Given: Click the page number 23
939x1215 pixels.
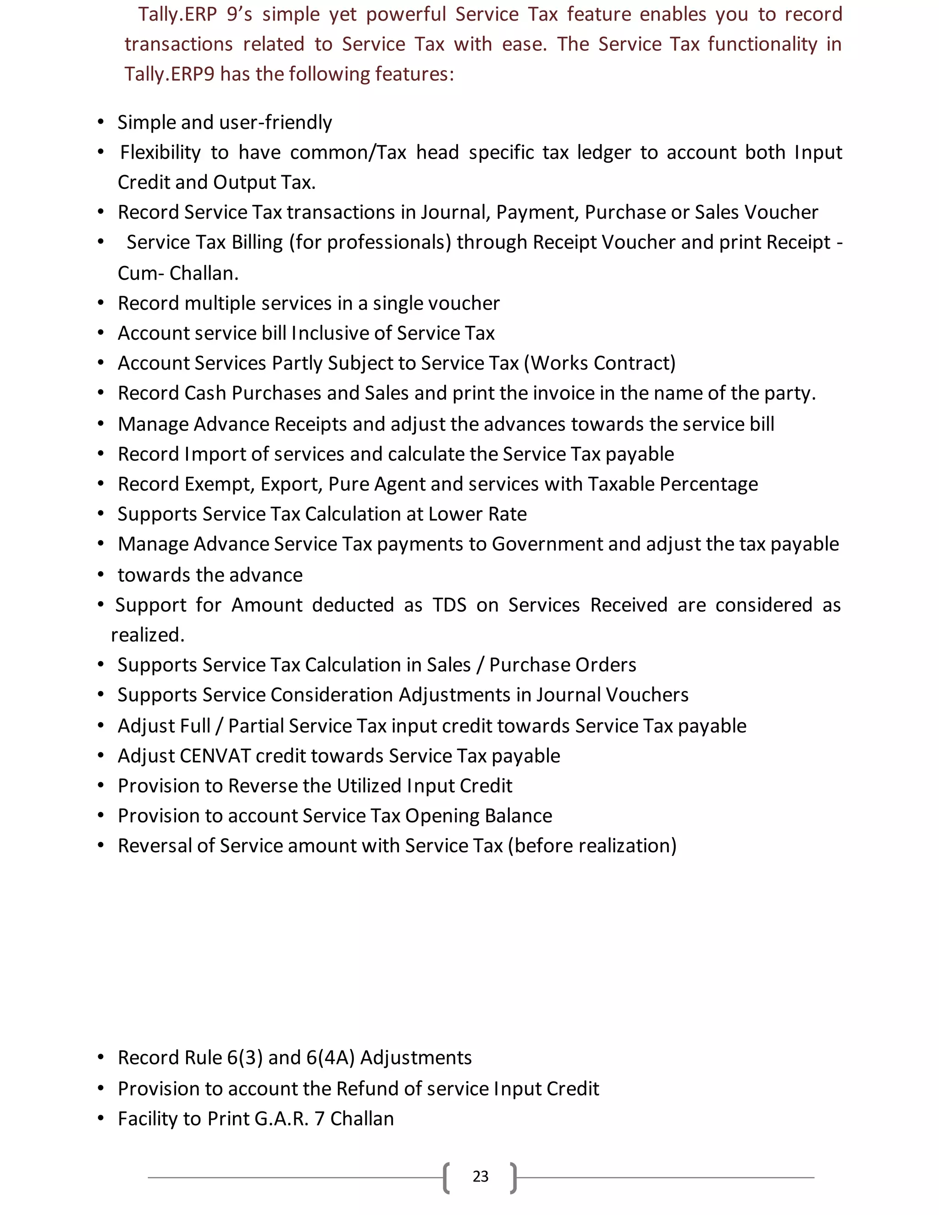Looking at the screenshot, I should coord(480,1176).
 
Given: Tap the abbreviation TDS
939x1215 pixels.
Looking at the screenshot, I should coord(449,605).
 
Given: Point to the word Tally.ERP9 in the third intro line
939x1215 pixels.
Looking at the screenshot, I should coord(169,74).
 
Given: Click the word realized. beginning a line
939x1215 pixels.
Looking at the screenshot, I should coord(148,635).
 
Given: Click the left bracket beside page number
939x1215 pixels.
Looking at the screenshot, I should coord(447,1177).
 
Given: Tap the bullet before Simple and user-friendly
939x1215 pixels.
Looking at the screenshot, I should coord(101,122).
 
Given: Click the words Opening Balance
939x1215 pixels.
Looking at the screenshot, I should coord(478,816).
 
